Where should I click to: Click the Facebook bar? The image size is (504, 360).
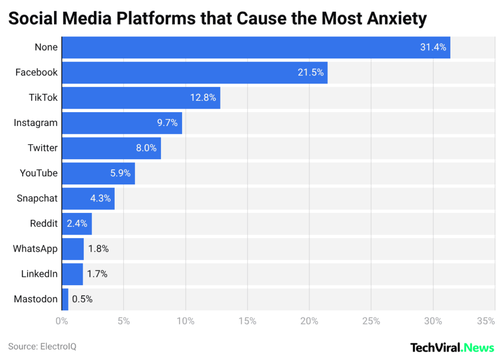click(194, 73)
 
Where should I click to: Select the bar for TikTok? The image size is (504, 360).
click(141, 98)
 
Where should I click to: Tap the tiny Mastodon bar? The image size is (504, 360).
click(65, 299)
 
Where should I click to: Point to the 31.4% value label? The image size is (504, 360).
click(433, 47)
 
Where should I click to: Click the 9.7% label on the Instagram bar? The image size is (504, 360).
click(167, 123)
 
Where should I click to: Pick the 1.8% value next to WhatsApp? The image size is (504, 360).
click(98, 249)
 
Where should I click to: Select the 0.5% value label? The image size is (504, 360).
click(82, 299)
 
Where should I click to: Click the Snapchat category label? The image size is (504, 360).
click(37, 198)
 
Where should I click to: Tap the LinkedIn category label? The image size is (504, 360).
click(39, 274)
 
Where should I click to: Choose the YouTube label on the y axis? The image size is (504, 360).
click(39, 173)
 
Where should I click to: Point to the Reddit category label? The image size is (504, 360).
click(44, 224)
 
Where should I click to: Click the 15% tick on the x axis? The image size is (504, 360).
click(247, 322)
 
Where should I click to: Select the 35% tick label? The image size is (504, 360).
click(486, 322)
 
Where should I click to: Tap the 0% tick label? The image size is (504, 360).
click(62, 322)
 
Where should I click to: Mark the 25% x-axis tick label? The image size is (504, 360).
click(371, 322)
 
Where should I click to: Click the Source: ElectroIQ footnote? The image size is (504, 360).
click(42, 347)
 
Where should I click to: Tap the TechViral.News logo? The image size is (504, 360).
click(452, 348)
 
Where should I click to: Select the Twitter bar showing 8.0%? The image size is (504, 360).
click(111, 148)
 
